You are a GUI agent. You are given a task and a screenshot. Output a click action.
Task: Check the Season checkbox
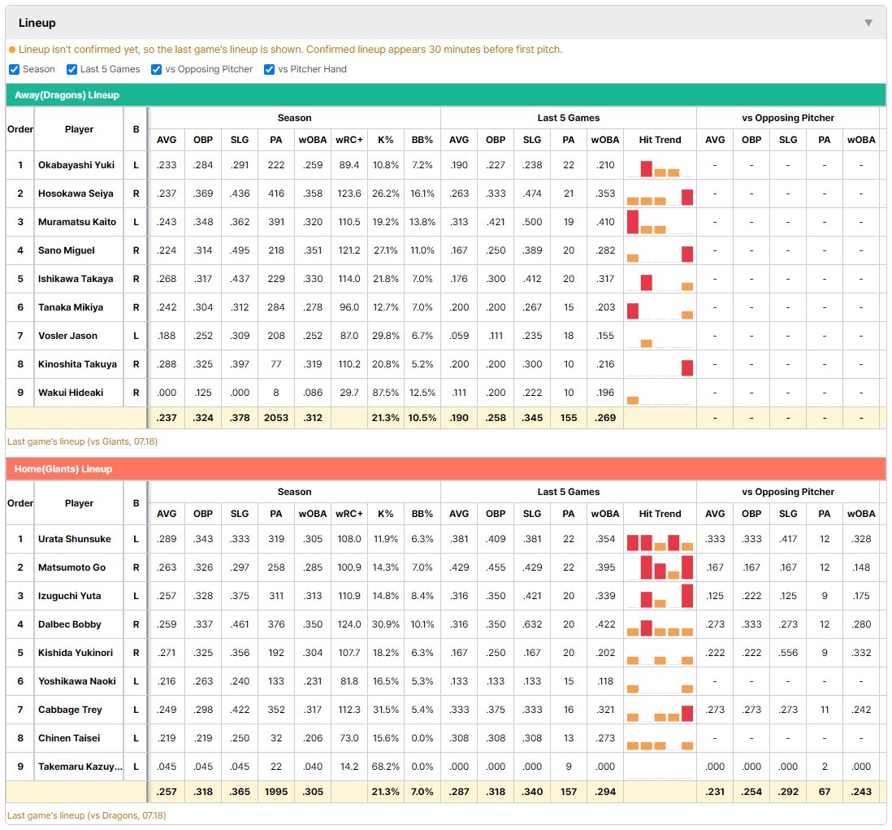pos(15,69)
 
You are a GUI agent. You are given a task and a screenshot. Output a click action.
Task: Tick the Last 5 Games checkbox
pos(71,69)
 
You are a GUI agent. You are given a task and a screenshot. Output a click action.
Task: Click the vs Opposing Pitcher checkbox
pos(156,69)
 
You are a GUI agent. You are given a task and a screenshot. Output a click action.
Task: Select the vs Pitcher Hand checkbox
pos(269,69)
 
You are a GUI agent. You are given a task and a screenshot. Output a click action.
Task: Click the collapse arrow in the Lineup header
pos(868,23)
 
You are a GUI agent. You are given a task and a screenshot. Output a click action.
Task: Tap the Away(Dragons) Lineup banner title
pos(67,95)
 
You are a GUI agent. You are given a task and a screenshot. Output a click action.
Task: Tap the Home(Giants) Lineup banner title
pos(63,469)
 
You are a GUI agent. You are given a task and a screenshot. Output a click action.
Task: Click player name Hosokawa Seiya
pos(76,193)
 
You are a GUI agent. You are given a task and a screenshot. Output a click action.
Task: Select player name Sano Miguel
pos(67,250)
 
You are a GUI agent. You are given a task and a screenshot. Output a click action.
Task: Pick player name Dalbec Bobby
pos(69,624)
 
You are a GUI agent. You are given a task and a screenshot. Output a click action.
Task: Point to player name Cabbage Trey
pos(70,710)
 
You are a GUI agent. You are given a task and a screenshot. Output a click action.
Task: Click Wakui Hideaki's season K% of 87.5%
pos(386,393)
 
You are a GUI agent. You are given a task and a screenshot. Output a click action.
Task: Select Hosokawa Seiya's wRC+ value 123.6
pos(349,193)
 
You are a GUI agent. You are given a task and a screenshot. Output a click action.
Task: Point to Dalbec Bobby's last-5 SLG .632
pos(532,624)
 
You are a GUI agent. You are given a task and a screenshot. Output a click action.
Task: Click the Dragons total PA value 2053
pos(276,418)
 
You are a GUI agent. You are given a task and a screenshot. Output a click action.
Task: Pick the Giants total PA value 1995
pos(276,792)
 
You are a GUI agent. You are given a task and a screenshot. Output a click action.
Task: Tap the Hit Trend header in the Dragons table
pos(660,140)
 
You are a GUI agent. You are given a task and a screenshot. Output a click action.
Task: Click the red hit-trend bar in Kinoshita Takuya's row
pos(687,367)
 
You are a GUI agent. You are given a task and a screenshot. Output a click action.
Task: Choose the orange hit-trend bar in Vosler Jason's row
pos(646,343)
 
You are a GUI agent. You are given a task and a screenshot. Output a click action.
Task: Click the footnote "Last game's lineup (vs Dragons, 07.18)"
pos(86,815)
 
